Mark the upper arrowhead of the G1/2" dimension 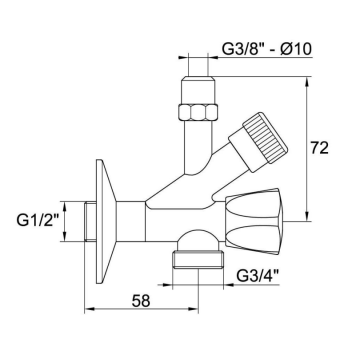pos(67,198)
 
